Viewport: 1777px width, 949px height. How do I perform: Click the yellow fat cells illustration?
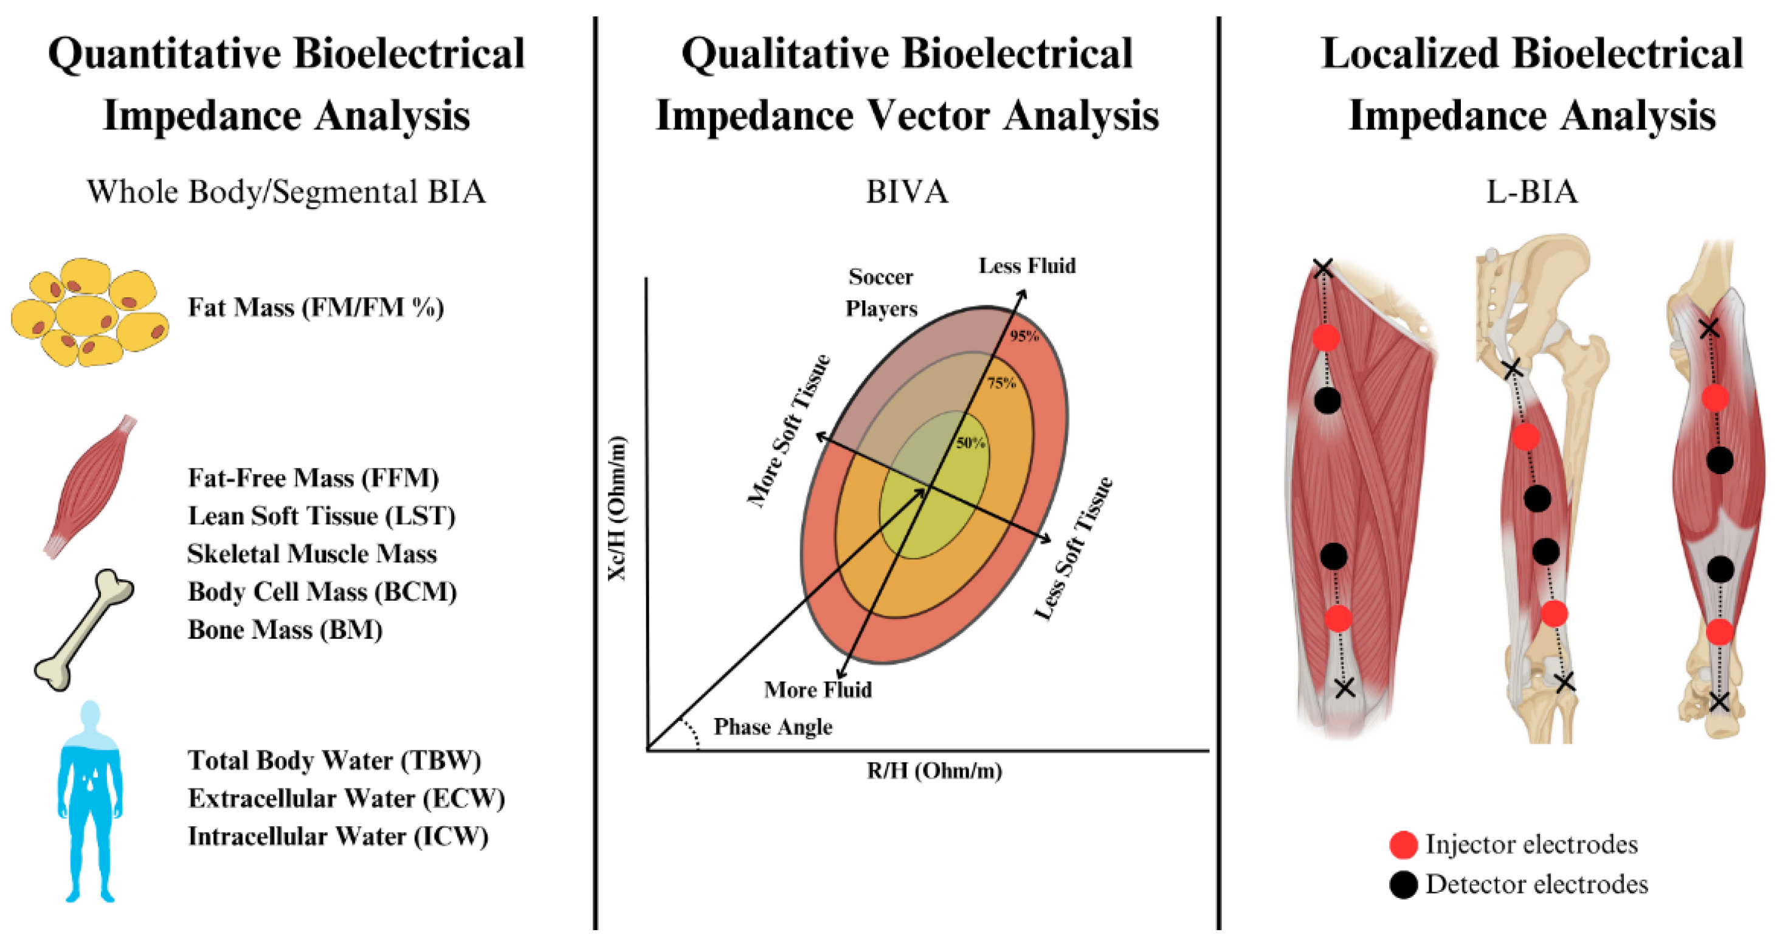[x=90, y=312]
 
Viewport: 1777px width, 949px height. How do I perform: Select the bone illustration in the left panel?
[x=84, y=630]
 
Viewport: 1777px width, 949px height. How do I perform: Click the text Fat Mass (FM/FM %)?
[x=316, y=308]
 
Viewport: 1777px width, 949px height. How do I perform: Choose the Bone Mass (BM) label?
[x=285, y=630]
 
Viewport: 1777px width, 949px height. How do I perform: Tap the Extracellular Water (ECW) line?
[x=347, y=799]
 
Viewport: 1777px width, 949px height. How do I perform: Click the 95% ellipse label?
[x=1024, y=336]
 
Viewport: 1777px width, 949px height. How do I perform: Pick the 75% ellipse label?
[x=1001, y=383]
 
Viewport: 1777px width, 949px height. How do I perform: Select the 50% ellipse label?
[x=970, y=443]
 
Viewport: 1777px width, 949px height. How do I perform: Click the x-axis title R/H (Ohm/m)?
[x=934, y=770]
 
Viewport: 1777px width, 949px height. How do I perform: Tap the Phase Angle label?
[x=773, y=727]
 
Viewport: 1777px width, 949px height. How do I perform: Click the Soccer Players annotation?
[x=881, y=292]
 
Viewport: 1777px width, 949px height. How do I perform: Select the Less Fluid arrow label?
[x=1026, y=266]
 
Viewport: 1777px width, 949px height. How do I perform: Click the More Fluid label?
[x=818, y=689]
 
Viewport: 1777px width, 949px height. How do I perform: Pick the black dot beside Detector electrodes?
[x=1403, y=885]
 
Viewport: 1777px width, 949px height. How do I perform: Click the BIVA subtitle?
[x=906, y=192]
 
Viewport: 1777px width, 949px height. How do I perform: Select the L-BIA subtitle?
[x=1531, y=192]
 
